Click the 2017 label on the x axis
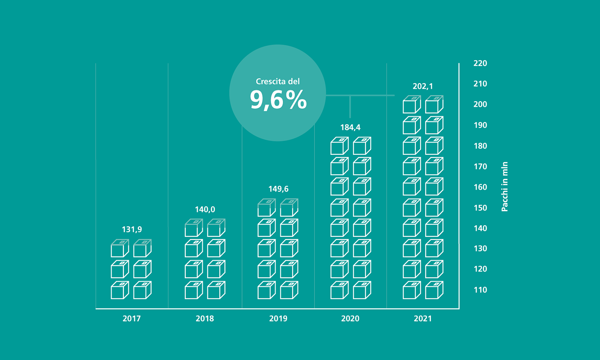click(x=132, y=318)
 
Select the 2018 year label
click(x=205, y=318)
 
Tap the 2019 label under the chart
click(x=278, y=318)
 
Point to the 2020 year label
click(x=350, y=318)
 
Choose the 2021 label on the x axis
click(x=423, y=318)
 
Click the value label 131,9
click(x=132, y=229)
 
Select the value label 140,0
click(x=205, y=209)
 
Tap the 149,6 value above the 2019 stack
click(x=278, y=189)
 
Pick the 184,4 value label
click(x=350, y=127)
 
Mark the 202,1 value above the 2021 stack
click(x=423, y=86)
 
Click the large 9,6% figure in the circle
click(x=278, y=100)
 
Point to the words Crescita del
click(x=278, y=81)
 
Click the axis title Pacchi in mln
click(x=504, y=186)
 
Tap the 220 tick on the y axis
click(x=480, y=63)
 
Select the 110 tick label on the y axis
click(x=480, y=290)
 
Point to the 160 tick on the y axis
click(x=480, y=187)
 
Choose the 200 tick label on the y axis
click(x=480, y=104)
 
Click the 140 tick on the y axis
click(x=480, y=228)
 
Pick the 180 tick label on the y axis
click(x=480, y=146)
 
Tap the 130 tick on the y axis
click(x=480, y=248)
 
